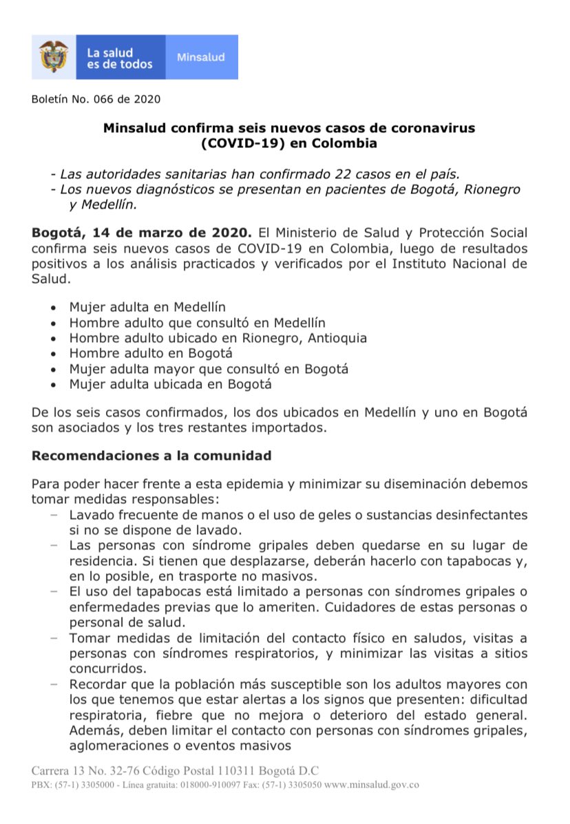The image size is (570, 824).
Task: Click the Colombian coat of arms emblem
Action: click(53, 56)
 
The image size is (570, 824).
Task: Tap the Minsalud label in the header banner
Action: click(201, 57)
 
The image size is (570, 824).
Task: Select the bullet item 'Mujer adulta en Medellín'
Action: click(147, 307)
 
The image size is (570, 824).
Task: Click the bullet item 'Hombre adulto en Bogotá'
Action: click(151, 353)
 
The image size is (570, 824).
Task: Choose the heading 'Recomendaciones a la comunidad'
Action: click(151, 456)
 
